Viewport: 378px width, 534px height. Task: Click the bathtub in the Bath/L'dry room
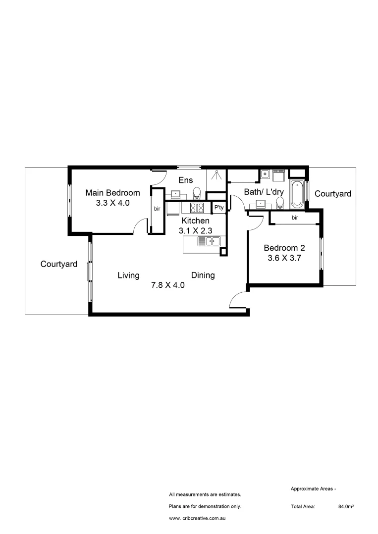pos(297,195)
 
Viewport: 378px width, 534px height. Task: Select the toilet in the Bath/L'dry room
pos(280,202)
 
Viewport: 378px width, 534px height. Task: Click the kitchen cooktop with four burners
pos(197,208)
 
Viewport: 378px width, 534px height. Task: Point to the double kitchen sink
pos(209,241)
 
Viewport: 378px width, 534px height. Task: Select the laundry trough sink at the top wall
pos(265,174)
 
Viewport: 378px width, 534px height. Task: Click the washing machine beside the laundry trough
pos(278,176)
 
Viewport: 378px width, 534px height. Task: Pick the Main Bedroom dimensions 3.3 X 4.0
pos(112,202)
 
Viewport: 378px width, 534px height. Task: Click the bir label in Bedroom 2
pos(295,217)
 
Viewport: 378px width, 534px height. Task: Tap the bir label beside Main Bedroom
pos(158,209)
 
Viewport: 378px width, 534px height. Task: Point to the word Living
pos(128,275)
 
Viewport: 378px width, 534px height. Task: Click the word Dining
pos(203,275)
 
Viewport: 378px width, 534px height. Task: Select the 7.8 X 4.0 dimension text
pos(167,285)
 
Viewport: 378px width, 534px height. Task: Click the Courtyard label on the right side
pos(333,194)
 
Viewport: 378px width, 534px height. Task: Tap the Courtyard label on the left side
pos(59,265)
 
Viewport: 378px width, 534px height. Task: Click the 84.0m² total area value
pos(345,507)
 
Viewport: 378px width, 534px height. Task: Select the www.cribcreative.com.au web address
pos(198,519)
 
